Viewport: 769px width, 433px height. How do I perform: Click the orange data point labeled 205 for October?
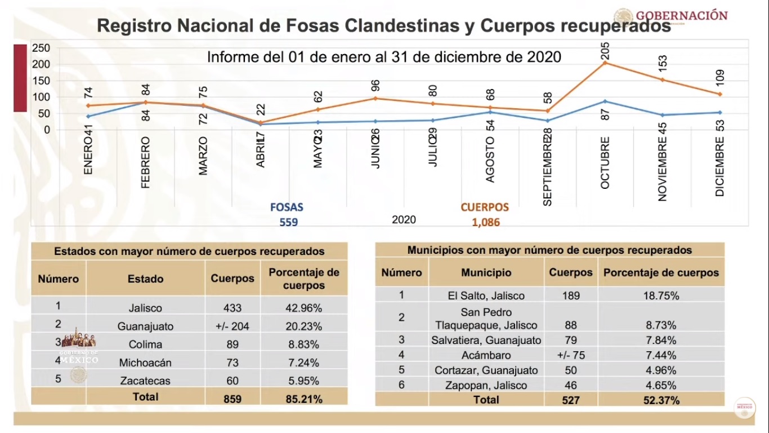605,63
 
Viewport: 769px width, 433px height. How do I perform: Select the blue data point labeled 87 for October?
605,101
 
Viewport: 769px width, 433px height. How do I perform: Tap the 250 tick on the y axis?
41,48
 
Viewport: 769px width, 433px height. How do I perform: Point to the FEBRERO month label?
146,162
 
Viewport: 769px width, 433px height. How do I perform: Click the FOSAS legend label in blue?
287,207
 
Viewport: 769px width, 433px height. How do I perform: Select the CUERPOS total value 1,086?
486,223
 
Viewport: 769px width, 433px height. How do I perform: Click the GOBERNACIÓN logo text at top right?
681,15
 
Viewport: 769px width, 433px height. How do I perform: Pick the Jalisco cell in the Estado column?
145,308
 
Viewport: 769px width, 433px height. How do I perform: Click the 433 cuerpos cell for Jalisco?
232,308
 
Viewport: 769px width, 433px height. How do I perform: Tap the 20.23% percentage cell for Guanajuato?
303,326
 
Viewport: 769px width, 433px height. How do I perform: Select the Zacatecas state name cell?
145,381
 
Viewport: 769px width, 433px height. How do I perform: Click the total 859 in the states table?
232,399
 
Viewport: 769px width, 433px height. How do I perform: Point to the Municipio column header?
486,272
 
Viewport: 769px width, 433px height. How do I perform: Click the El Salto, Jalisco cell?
485,295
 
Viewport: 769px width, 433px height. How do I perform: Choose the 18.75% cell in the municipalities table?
661,295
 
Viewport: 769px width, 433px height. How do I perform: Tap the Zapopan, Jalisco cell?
485,386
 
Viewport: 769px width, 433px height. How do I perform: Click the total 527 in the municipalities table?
570,400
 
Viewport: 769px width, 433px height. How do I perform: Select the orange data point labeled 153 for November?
663,79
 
